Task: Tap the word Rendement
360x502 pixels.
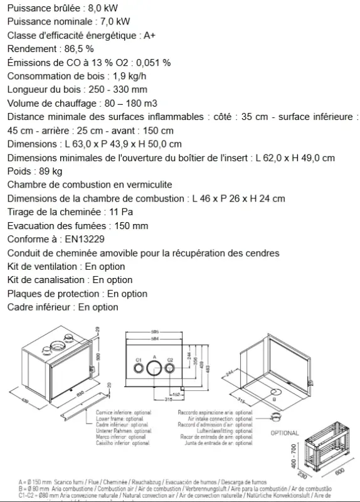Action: pyautogui.click(x=30, y=49)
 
